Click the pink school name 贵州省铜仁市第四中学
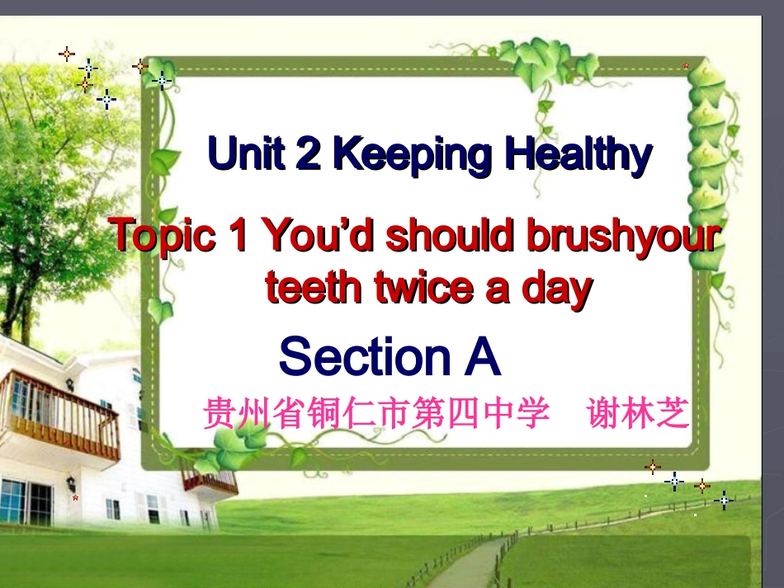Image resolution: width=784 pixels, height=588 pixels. pyautogui.click(x=376, y=413)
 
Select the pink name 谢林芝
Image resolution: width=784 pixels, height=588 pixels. pyautogui.click(x=637, y=413)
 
